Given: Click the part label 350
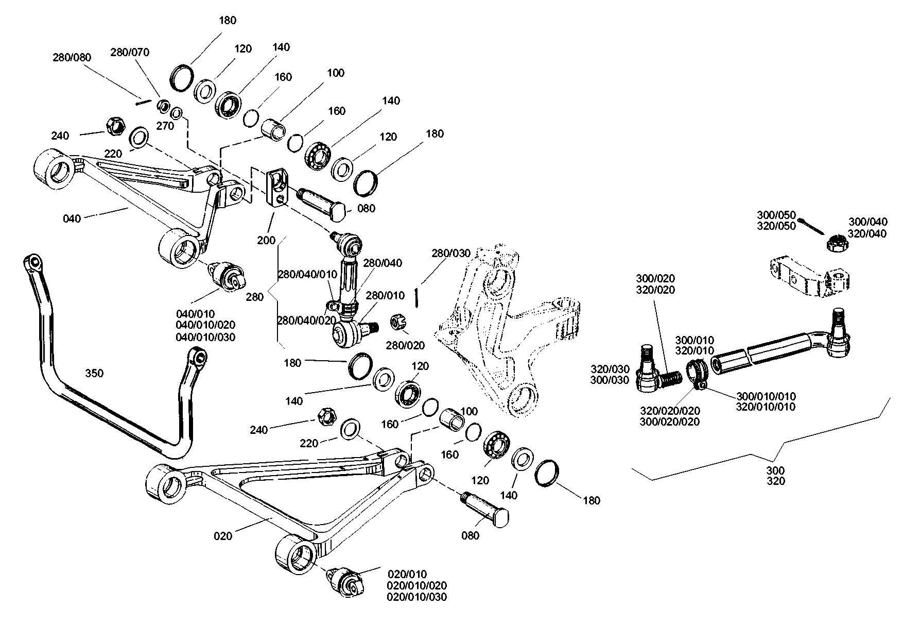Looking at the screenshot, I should [x=94, y=373].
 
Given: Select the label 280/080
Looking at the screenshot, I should [x=72, y=57].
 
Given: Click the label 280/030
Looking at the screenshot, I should [x=451, y=253].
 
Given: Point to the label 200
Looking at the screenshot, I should [x=267, y=240].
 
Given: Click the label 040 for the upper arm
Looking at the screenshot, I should [x=72, y=218].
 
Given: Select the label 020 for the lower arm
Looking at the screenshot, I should [x=223, y=536].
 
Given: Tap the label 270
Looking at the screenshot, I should [x=165, y=126].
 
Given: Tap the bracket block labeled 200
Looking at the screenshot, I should [x=277, y=188].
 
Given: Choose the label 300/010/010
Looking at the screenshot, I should [x=766, y=396].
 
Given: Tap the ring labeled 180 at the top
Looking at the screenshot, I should [x=181, y=77].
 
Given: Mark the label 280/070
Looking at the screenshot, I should [x=130, y=52].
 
